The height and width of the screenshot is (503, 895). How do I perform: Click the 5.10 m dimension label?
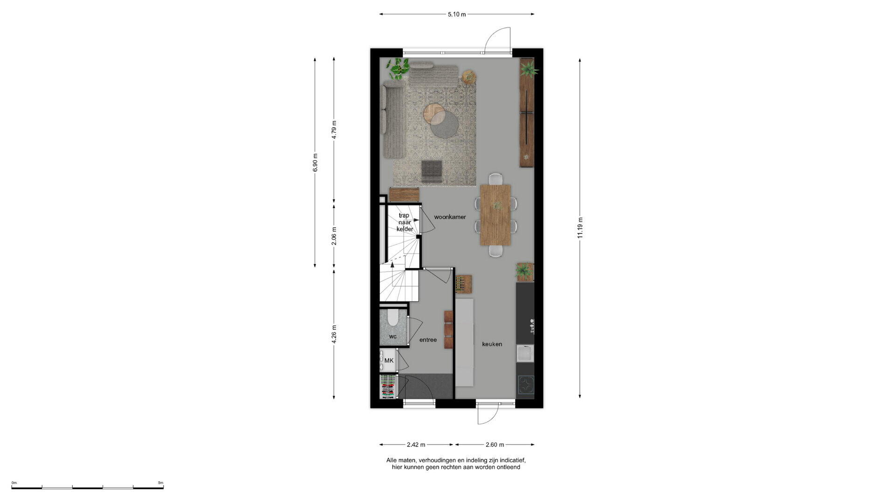[457, 14]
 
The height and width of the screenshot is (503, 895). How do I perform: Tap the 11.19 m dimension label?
[580, 228]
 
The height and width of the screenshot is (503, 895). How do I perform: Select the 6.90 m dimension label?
[315, 163]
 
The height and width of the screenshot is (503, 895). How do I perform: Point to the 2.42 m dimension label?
[416, 445]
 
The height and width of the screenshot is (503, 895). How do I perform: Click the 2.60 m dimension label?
[495, 445]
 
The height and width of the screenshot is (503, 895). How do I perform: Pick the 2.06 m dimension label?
[334, 236]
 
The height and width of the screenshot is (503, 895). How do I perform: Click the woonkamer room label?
[450, 217]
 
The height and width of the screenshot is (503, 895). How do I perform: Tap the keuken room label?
[492, 344]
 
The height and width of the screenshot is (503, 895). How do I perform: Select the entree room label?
[428, 340]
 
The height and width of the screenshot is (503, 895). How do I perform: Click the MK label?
[389, 360]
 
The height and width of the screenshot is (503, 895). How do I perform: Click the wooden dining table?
[496, 215]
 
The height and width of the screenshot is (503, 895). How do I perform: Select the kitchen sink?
[525, 353]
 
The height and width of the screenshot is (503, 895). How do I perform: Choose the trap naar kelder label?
[405, 222]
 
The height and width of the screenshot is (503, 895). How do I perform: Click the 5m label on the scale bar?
[160, 483]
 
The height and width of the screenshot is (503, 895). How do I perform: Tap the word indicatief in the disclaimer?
[512, 460]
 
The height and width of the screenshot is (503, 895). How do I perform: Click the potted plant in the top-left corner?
[398, 68]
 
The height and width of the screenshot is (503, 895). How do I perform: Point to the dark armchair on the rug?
[431, 170]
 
